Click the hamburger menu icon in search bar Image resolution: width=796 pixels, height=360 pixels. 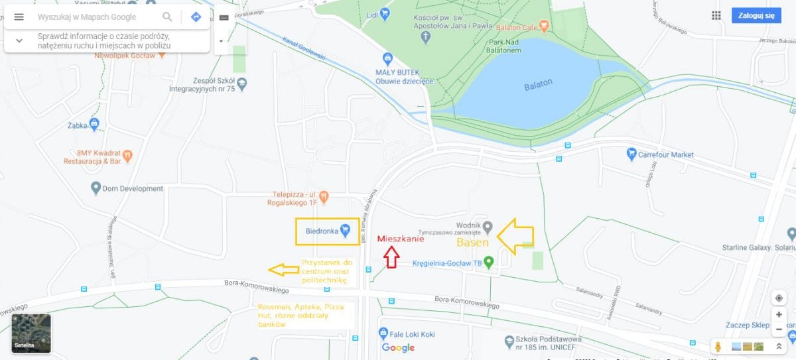(x=19, y=17)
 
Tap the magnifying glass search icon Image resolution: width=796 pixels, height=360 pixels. (x=167, y=17)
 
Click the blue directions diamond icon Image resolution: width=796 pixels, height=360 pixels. (x=196, y=17)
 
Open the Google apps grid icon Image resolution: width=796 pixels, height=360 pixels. (x=716, y=16)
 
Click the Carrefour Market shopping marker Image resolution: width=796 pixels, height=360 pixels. (x=631, y=154)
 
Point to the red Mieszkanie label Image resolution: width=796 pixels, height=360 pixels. (x=400, y=239)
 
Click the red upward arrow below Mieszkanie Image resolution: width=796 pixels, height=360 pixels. (x=391, y=257)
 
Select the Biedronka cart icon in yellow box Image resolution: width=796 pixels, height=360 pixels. (x=345, y=231)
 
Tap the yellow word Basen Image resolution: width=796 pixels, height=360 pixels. (x=472, y=243)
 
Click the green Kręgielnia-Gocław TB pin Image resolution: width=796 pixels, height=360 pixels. (x=489, y=263)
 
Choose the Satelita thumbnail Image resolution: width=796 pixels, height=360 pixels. (x=31, y=332)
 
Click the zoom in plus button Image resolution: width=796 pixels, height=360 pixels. (x=779, y=315)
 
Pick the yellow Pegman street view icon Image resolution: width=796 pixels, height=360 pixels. (x=718, y=347)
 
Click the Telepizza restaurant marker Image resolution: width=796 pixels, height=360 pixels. (x=323, y=197)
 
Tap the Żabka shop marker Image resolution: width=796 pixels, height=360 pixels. (x=94, y=123)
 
